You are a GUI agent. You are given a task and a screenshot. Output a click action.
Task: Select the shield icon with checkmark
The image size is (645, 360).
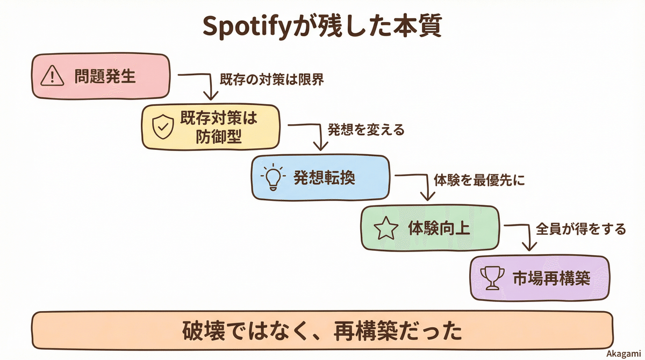click(x=162, y=127)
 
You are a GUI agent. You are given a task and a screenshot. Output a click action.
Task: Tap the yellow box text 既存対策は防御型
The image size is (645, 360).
click(x=219, y=127)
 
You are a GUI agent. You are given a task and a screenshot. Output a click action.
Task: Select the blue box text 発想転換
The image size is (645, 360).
click(x=324, y=178)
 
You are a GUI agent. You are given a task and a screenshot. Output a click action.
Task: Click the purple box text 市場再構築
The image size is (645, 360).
click(x=551, y=278)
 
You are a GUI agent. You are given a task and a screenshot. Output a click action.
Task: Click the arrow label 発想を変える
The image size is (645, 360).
click(x=366, y=130)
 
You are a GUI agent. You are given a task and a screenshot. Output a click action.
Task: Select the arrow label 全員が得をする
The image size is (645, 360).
click(x=581, y=229)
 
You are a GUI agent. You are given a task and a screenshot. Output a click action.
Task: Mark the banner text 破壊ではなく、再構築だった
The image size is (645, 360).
click(x=322, y=330)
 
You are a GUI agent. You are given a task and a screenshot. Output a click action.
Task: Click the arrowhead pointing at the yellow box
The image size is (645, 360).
click(x=211, y=97)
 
